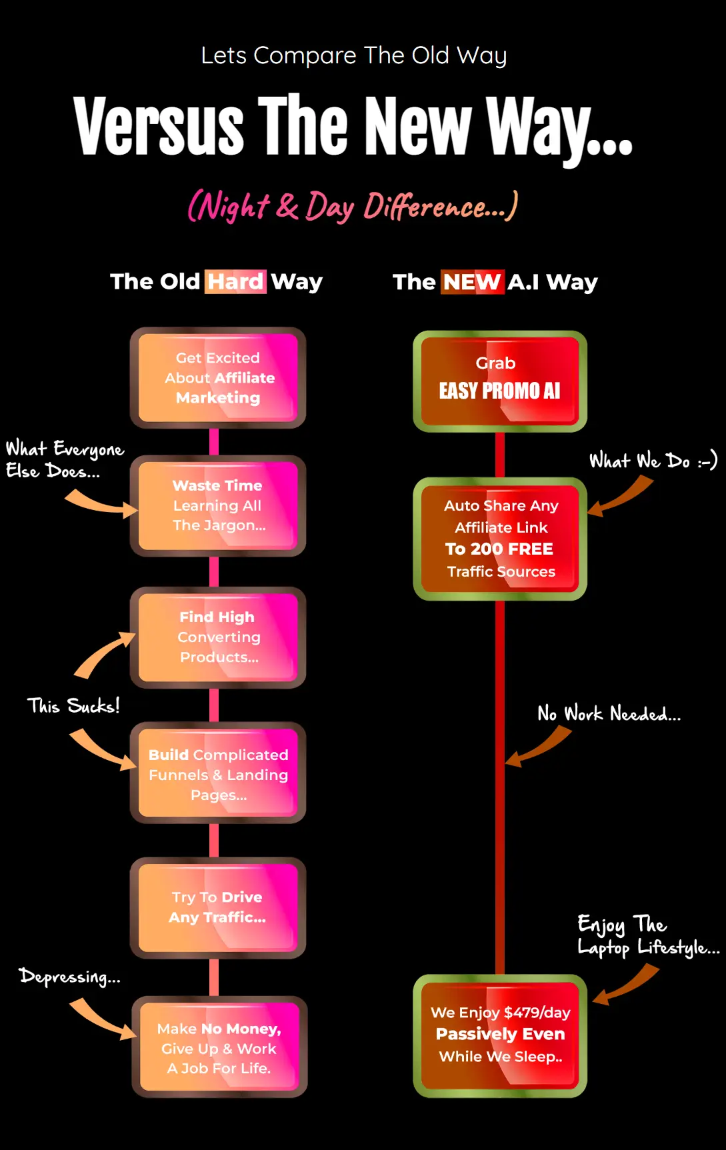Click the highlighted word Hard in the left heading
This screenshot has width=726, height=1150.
(x=235, y=281)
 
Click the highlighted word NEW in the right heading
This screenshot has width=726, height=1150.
(x=471, y=281)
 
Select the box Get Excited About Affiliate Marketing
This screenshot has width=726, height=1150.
(x=218, y=377)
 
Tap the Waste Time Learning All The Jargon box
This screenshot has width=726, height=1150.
(x=218, y=505)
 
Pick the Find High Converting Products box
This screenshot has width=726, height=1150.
(x=218, y=637)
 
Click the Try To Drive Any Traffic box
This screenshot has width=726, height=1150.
(x=218, y=907)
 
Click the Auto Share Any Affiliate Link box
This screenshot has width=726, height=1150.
(x=500, y=538)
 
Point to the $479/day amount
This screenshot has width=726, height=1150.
(x=537, y=1012)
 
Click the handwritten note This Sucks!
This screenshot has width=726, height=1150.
(x=73, y=705)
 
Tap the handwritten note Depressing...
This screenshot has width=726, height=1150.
(x=69, y=977)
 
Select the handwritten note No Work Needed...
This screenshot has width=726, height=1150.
(x=609, y=714)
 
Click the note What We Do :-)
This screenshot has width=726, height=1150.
(x=653, y=461)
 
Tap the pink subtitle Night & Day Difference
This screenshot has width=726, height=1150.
(x=353, y=207)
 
